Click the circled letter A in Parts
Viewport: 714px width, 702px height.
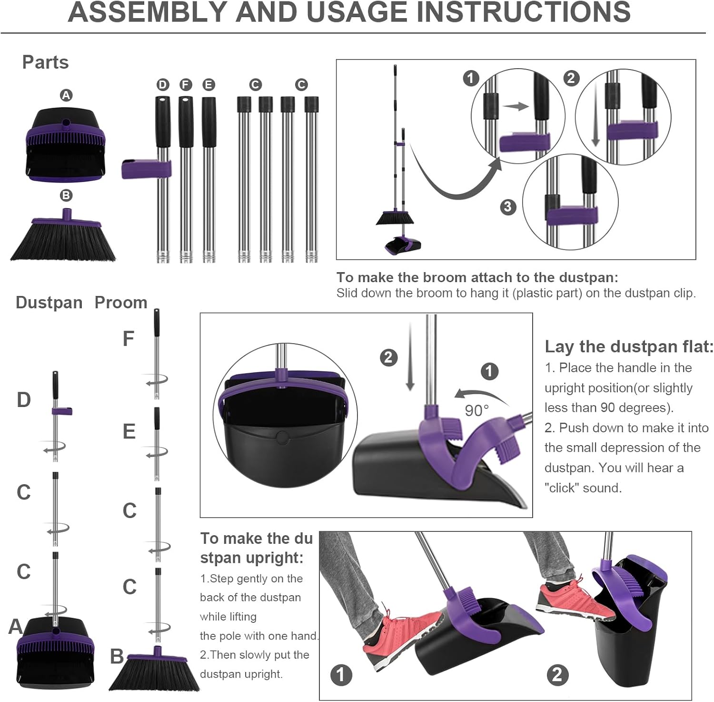66,95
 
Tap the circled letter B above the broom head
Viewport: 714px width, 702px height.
66,195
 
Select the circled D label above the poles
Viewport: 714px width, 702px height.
163,85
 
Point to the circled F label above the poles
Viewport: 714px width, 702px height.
186,85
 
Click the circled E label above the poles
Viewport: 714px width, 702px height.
208,85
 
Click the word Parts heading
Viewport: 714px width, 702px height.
46,62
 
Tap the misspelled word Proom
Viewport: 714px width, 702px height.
121,302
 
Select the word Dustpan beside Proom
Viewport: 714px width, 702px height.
49,303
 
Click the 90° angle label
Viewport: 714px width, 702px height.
476,410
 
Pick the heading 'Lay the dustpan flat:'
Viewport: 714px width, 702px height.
629,346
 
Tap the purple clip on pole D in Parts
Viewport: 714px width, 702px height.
146,169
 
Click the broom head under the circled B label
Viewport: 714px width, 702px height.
63,235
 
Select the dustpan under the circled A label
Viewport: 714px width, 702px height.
65,145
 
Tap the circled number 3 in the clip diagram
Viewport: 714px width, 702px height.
508,207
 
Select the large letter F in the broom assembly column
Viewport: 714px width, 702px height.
129,339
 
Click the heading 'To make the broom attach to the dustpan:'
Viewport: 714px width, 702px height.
477,277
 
